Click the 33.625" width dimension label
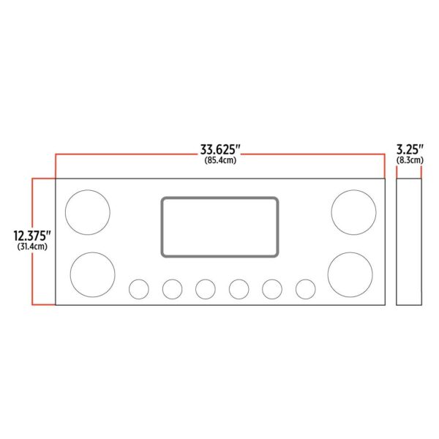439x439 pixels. coord(220,149)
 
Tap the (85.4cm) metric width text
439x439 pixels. coord(220,160)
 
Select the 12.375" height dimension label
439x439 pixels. coord(32,236)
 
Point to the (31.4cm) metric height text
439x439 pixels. coord(32,247)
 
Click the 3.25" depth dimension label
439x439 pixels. coord(410,149)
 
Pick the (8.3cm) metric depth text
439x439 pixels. coord(410,160)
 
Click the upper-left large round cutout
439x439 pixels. coord(65,212)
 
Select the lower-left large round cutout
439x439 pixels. coord(70,274)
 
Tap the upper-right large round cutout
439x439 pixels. coord(331,212)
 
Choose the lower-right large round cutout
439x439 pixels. coord(328,274)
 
